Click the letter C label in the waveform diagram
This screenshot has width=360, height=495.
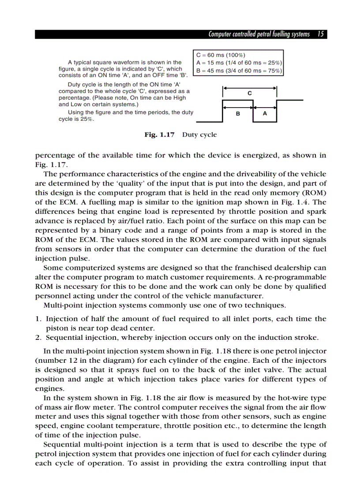coord(250,93)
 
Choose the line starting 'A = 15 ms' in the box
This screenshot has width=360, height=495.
coord(239,63)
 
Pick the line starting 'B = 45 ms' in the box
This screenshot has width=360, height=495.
coord(239,71)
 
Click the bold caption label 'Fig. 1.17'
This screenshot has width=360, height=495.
coord(159,135)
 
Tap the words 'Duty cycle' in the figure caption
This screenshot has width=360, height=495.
coord(199,135)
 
